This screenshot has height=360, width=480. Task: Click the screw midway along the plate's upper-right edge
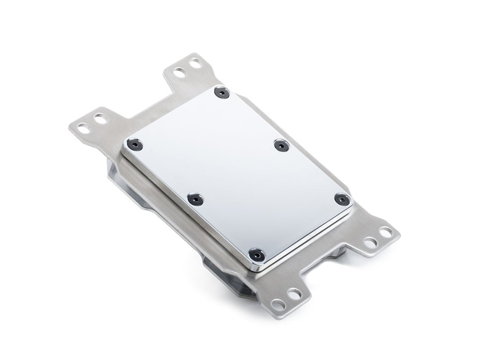[x=280, y=146]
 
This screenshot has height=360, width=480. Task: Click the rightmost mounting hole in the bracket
[x=386, y=232]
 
